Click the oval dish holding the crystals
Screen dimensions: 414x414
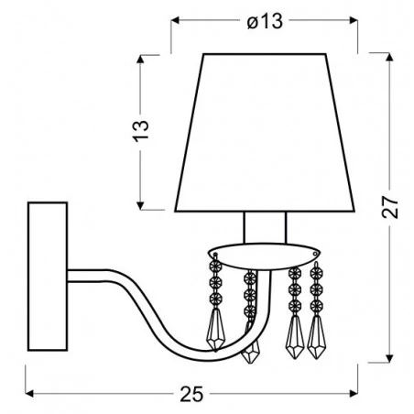[264, 250]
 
